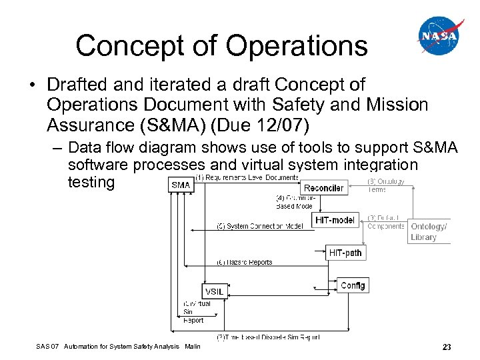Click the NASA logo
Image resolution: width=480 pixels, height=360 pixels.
coord(440,36)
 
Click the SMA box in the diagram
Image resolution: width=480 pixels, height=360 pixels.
coord(180,185)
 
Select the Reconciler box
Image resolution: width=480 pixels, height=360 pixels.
coord(323,188)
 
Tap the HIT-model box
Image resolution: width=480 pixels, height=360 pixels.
coord(335,219)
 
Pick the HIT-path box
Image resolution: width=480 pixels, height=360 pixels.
coord(345,253)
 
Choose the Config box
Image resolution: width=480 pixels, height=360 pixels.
coord(352,285)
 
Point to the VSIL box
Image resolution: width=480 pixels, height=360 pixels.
coord(214,292)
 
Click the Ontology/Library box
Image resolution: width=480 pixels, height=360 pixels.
coord(428,231)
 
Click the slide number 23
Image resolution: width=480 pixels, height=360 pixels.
coord(447,347)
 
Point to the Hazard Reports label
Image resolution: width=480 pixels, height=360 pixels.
coord(245,263)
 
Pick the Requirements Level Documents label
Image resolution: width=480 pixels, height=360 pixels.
coord(247,177)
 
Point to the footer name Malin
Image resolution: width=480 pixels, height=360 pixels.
coord(193,347)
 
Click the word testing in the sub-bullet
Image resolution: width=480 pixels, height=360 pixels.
coord(91,182)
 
